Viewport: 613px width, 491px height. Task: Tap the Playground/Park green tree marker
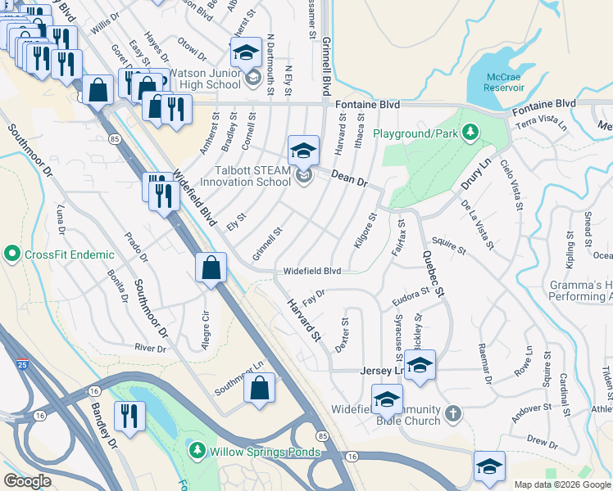tap(470, 131)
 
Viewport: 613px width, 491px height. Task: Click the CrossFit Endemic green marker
tap(12, 255)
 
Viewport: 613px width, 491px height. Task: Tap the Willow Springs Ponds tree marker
tap(196, 450)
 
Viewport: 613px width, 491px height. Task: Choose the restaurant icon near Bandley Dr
tap(129, 416)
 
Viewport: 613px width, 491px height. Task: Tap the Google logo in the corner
tap(28, 481)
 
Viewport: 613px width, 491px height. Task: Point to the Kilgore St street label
tap(366, 232)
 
